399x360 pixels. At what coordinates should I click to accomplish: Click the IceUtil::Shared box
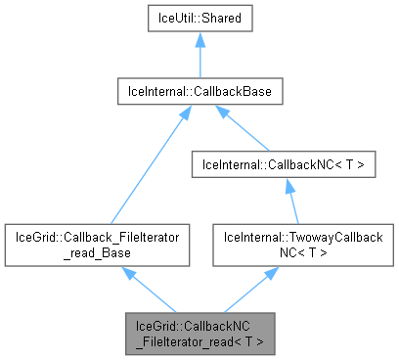point(199,19)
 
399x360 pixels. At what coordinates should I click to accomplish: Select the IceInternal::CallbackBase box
point(199,92)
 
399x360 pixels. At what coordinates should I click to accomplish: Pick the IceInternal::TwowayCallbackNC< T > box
point(289,244)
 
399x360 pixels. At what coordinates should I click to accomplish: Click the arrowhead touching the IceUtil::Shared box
point(199,41)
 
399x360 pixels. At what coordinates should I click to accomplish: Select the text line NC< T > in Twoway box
point(289,251)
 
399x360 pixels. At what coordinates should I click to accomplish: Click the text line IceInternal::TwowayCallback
point(289,237)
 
